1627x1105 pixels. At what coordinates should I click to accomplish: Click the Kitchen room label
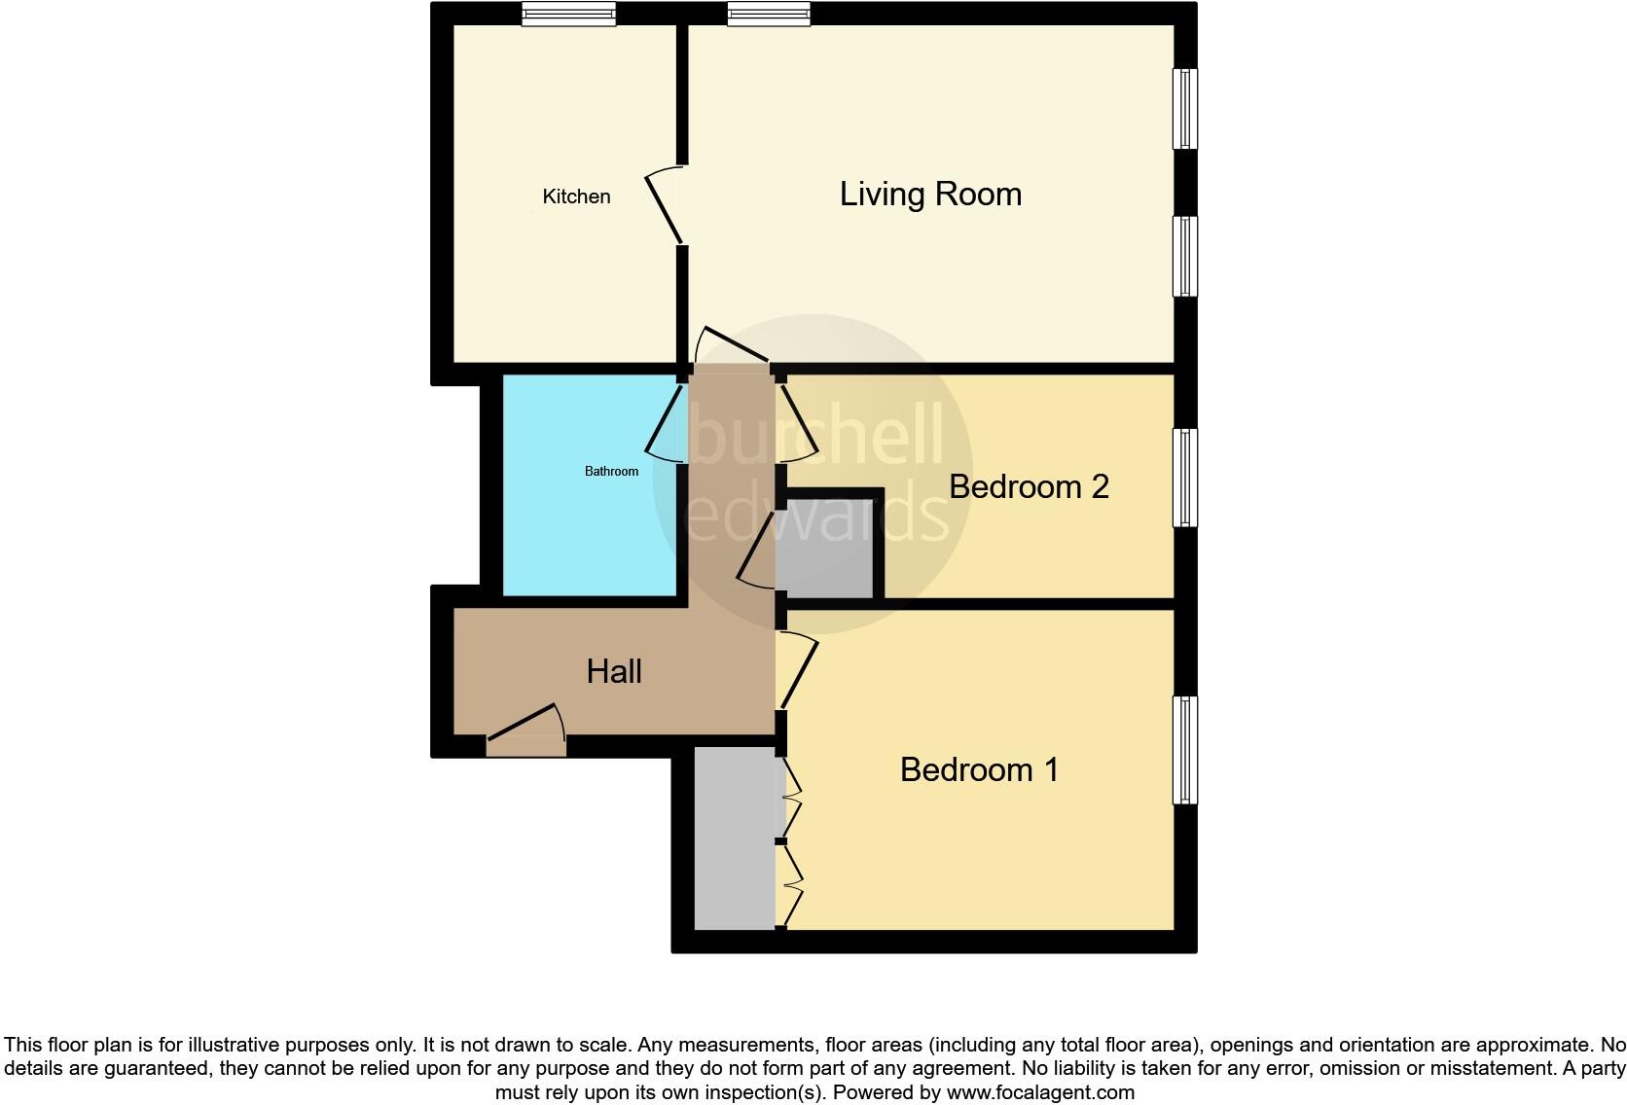tap(576, 196)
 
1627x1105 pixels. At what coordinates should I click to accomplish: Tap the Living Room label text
tap(930, 195)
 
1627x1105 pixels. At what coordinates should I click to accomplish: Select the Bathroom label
tap(611, 472)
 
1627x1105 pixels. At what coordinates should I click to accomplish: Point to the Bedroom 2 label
tap(1029, 486)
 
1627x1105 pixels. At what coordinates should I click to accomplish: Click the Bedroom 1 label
tap(979, 769)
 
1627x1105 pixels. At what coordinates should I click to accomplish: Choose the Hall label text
tap(614, 671)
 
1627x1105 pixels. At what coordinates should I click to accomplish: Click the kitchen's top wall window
tap(568, 14)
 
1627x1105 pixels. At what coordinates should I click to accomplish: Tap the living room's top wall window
tap(769, 14)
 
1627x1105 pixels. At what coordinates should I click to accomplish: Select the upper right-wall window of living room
tap(1185, 108)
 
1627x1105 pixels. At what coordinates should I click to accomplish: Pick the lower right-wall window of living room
tap(1185, 256)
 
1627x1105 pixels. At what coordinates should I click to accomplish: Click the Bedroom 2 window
tap(1185, 478)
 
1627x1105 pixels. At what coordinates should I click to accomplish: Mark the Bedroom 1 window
tap(1185, 749)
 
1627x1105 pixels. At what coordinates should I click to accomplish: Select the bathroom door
tap(666, 424)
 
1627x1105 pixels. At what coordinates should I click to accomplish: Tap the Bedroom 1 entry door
tap(797, 671)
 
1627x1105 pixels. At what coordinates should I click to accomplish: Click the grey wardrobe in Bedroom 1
tap(735, 838)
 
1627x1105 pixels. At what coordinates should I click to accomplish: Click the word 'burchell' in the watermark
tap(815, 435)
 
